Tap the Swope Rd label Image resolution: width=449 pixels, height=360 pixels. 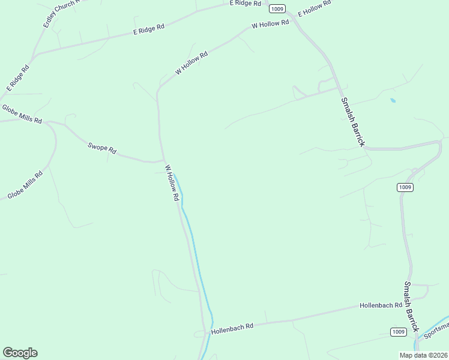[101, 148]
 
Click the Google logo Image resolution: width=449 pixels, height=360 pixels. [20, 353]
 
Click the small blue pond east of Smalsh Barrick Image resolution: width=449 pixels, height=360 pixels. [393, 100]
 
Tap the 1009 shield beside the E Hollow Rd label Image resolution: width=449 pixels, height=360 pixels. [277, 8]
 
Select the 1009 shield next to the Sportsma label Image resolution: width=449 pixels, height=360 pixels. [398, 332]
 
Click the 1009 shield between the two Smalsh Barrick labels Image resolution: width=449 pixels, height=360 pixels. [405, 187]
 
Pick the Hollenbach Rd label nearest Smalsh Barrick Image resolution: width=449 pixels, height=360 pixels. [381, 305]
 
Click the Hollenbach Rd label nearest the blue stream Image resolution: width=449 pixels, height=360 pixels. [232, 327]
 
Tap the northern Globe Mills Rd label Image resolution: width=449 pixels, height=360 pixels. [22, 114]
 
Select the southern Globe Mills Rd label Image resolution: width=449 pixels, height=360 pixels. [25, 185]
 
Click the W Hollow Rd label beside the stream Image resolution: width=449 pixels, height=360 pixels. [172, 182]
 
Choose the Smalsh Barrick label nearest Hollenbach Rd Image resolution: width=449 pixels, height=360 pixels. [411, 307]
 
